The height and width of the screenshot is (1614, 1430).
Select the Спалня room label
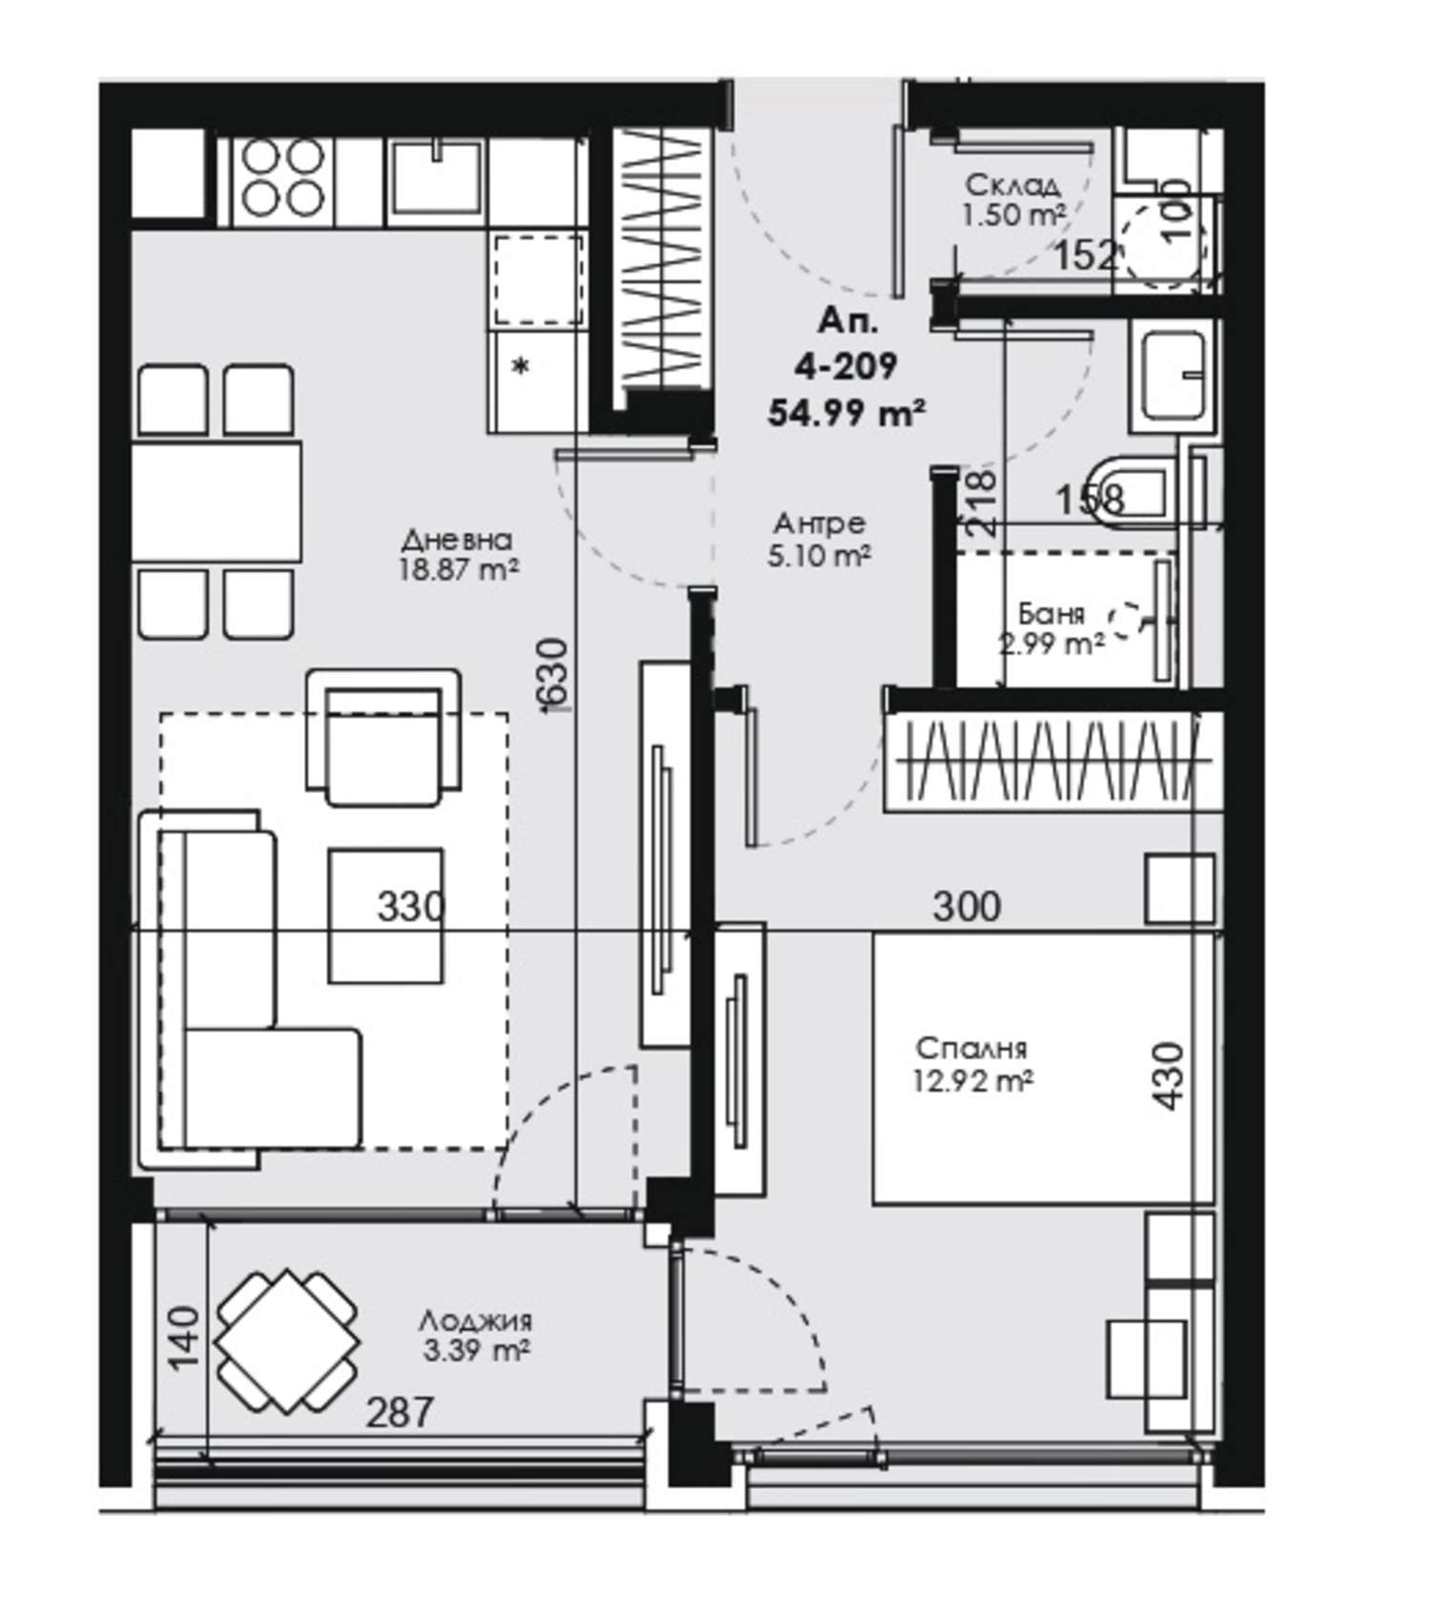(971, 1049)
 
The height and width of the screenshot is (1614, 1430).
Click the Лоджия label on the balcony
(475, 1322)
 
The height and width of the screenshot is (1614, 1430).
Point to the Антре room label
(819, 523)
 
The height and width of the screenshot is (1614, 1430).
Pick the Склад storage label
(1012, 185)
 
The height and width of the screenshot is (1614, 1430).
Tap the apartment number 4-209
(846, 365)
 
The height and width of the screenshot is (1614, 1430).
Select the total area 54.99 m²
(847, 412)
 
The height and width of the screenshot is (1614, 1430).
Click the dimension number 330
(411, 906)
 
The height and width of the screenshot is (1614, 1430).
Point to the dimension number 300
(967, 906)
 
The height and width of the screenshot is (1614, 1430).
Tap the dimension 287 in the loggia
(399, 1412)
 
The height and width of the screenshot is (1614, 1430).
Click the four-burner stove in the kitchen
(281, 178)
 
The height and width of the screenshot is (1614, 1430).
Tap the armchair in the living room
(383, 738)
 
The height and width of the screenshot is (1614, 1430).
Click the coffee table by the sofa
(386, 915)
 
